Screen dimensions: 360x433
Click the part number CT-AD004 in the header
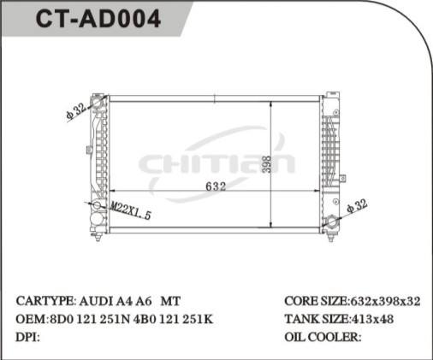pyautogui.click(x=97, y=20)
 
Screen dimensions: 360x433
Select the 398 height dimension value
pyautogui.click(x=266, y=162)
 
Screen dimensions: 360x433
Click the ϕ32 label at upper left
pyautogui.click(x=75, y=112)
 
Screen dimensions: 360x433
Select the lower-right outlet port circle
pyautogui.click(x=332, y=225)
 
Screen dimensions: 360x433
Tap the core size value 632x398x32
pyautogui.click(x=386, y=302)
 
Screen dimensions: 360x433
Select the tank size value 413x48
pyautogui.click(x=375, y=319)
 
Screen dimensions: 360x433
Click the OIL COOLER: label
pyautogui.click(x=322, y=336)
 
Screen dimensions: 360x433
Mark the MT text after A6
pyautogui.click(x=171, y=302)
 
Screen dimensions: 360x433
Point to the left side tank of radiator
pyautogui.click(x=98, y=162)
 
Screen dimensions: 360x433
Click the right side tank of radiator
pyautogui.click(x=330, y=162)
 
